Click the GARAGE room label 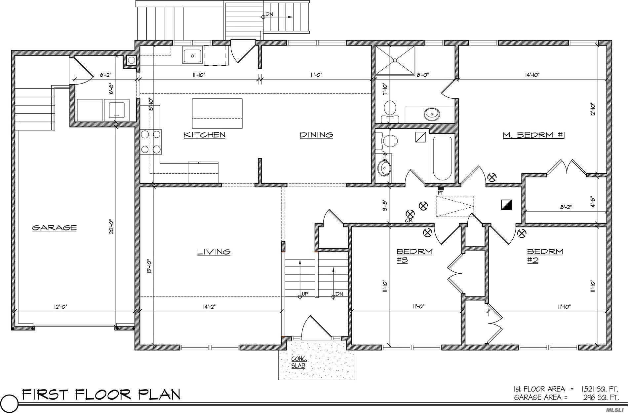(54, 228)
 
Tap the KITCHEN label (205, 135)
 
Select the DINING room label (316, 135)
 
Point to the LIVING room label (214, 252)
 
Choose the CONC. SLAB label (299, 362)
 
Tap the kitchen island (217, 113)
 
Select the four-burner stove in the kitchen (151, 142)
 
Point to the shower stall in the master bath (395, 60)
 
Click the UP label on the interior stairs (305, 293)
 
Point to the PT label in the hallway (440, 192)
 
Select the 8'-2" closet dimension (566, 207)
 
